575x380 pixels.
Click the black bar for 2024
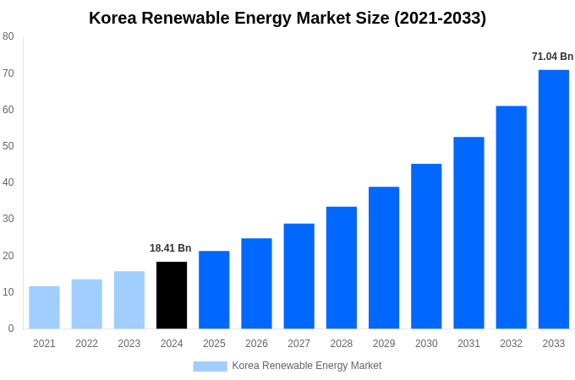click(x=172, y=296)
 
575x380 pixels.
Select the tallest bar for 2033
click(x=553, y=199)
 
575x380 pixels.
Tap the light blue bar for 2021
click(x=44, y=307)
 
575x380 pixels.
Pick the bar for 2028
click(x=341, y=268)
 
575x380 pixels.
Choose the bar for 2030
click(x=426, y=246)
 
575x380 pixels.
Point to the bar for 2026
click(x=256, y=283)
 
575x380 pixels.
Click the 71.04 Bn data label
click(x=552, y=57)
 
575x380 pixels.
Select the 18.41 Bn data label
click(x=171, y=248)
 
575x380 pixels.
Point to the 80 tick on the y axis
click(x=8, y=36)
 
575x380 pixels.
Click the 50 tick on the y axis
click(x=8, y=146)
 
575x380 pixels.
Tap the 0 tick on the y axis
click(x=11, y=328)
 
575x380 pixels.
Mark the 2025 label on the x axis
click(x=214, y=344)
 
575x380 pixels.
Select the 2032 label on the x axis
click(x=511, y=344)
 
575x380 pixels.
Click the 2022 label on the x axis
click(x=86, y=344)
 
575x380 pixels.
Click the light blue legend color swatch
click(x=210, y=366)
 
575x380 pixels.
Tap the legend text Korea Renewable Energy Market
click(x=307, y=366)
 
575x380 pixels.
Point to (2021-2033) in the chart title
click(x=440, y=18)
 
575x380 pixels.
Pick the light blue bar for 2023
click(x=129, y=300)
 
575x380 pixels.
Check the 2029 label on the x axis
click(x=384, y=344)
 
